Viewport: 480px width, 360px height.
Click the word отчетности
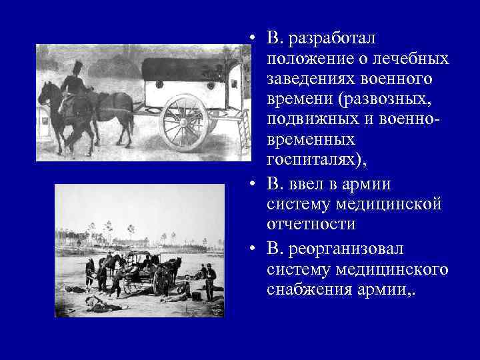(x=311, y=224)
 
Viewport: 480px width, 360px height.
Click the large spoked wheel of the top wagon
(x=184, y=123)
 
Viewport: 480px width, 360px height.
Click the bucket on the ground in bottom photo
(x=196, y=296)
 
